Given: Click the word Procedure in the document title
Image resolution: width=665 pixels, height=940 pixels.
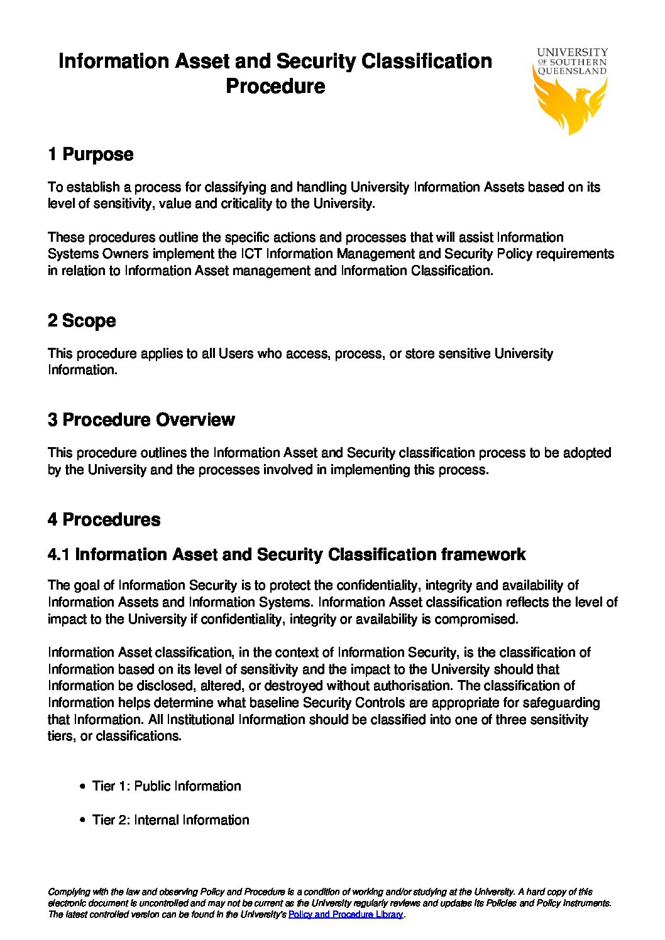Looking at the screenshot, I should pos(275,86).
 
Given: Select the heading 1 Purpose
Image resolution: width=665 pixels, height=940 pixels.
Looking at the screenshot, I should pos(91,154).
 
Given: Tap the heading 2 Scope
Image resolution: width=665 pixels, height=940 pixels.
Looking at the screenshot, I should pos(82,321).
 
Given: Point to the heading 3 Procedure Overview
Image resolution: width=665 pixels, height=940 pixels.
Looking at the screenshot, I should pos(141,420).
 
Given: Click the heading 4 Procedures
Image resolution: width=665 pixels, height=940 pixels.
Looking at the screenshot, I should pos(104,520).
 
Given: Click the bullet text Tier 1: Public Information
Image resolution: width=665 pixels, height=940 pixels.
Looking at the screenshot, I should pos(167,786).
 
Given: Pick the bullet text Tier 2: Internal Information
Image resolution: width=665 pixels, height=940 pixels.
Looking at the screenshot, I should pos(170,820).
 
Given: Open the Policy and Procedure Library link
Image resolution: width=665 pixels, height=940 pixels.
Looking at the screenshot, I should pos(346,915).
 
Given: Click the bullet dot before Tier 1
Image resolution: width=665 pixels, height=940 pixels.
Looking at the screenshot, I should pos(83,787).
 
